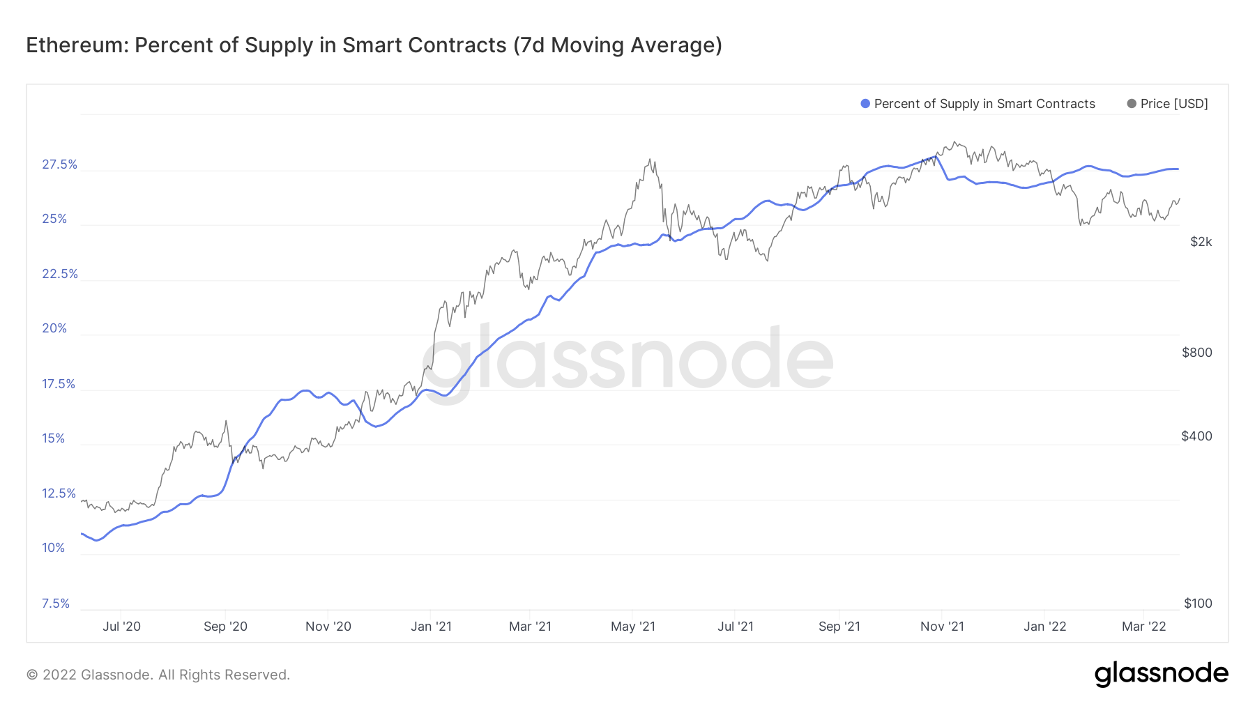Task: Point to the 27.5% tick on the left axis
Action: coord(59,164)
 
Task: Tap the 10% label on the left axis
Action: coord(53,548)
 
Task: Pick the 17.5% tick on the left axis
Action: coord(59,384)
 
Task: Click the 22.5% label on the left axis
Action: coord(59,274)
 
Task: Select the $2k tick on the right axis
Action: coord(1201,242)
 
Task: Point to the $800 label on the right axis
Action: coord(1196,353)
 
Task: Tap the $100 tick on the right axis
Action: coord(1197,604)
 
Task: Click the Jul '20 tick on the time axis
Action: coord(121,627)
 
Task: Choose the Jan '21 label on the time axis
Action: coord(431,627)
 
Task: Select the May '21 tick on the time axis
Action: coord(632,627)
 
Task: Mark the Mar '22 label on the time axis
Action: coord(1143,627)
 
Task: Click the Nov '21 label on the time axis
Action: coord(942,627)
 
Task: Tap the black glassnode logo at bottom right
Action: coord(1161,674)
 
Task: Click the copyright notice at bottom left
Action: coord(158,675)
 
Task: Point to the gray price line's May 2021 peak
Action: coord(651,160)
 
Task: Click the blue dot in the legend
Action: coord(865,104)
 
